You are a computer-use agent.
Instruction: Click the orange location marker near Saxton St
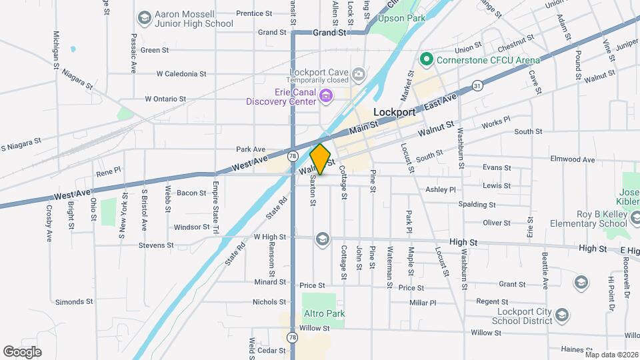click(321, 159)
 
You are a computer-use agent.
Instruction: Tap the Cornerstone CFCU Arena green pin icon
click(427, 60)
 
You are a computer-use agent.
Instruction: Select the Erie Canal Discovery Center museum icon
click(326, 97)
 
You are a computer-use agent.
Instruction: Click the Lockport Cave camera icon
click(358, 73)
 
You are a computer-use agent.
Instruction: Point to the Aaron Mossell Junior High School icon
click(143, 18)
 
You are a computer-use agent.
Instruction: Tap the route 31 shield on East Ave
click(477, 85)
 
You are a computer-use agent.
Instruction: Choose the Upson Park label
click(401, 19)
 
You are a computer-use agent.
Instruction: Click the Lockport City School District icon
click(561, 314)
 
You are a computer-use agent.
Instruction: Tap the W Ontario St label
click(165, 99)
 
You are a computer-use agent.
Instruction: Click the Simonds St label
click(74, 301)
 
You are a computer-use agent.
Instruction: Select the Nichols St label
click(269, 302)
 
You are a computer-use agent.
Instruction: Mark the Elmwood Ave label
click(572, 159)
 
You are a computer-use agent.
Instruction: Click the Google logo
click(22, 351)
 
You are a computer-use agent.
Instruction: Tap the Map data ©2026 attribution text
click(611, 355)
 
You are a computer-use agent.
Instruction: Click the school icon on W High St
click(322, 239)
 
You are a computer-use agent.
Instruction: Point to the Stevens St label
click(156, 245)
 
